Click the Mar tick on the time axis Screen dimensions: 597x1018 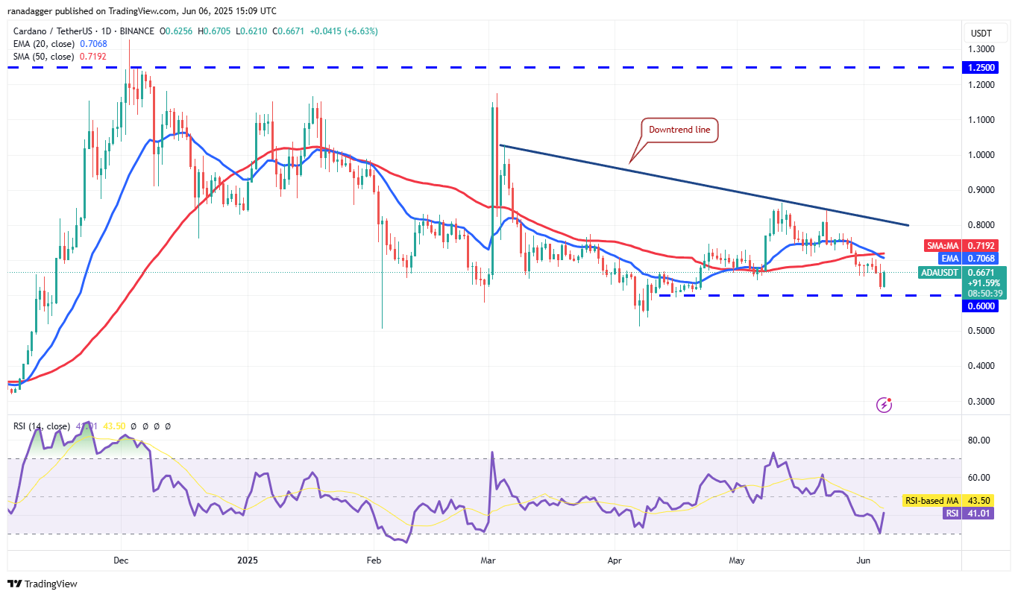pos(488,559)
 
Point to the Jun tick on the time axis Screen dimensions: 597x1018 pos(863,559)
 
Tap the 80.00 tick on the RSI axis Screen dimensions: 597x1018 pos(979,440)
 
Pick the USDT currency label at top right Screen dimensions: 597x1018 pos(981,33)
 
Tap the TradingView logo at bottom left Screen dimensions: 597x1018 pos(43,584)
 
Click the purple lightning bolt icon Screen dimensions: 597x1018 pos(885,405)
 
